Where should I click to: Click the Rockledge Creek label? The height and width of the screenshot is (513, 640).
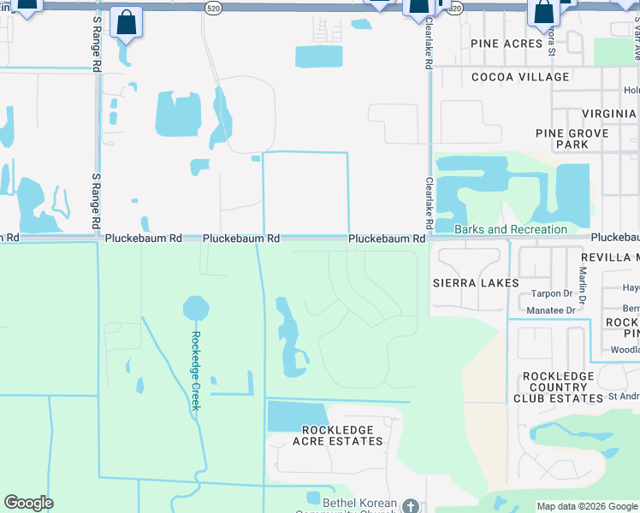point(195,370)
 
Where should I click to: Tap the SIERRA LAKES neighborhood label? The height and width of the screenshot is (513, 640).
point(476,283)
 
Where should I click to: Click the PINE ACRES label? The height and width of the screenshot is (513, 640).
point(507,43)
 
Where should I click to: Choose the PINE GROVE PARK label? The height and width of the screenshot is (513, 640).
point(572,139)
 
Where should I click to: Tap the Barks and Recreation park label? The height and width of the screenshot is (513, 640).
point(511,229)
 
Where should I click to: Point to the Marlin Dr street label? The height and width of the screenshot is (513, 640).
point(582,286)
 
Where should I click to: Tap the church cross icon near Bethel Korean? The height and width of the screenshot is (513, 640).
point(411,506)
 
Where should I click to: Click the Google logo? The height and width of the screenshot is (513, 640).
point(28,503)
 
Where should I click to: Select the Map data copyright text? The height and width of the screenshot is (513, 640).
point(586,505)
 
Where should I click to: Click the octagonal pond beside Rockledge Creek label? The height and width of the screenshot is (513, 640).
point(196,309)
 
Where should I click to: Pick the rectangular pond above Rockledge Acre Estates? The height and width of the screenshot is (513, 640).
point(296,416)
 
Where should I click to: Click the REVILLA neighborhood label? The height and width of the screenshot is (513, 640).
point(609,257)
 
